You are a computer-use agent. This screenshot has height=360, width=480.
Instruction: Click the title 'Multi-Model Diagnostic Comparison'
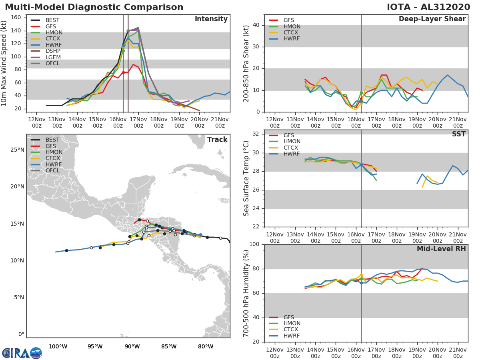94,7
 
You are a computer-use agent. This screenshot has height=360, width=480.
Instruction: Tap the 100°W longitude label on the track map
58,346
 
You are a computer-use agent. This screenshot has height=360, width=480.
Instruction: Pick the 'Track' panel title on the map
217,140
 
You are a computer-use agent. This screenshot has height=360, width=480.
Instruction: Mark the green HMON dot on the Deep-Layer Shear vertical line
361,93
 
